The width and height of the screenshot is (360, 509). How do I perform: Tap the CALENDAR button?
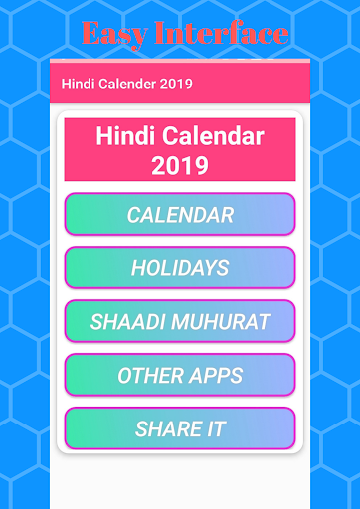tap(180, 215)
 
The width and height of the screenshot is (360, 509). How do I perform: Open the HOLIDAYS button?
tap(180, 268)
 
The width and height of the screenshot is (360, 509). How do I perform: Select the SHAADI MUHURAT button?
tap(180, 322)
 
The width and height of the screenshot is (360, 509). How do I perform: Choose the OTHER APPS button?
tap(180, 376)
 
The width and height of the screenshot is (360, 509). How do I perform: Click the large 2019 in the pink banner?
tap(180, 165)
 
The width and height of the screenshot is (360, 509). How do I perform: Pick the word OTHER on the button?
tap(146, 376)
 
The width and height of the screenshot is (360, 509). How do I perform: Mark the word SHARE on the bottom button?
tap(167, 429)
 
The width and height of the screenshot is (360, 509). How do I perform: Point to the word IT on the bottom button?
tap(215, 429)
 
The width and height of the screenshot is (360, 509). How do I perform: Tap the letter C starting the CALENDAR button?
tap(134, 215)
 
